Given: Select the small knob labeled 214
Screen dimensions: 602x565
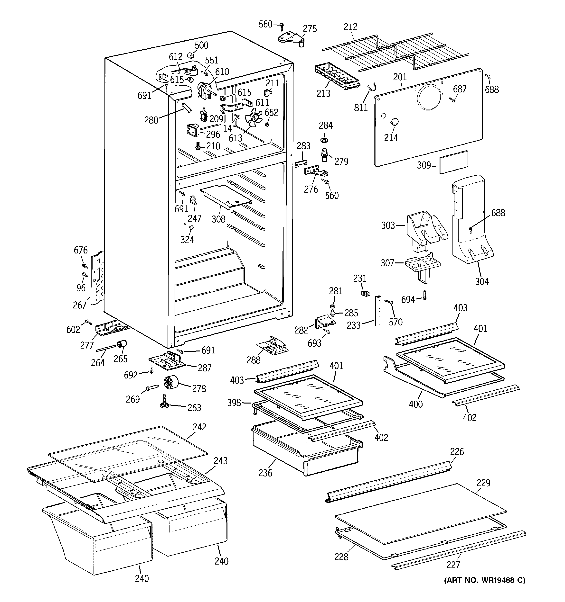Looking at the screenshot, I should (x=394, y=121).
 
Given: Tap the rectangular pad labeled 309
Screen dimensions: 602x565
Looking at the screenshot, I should (x=454, y=162).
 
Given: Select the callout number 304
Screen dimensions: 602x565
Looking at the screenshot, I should (x=482, y=282).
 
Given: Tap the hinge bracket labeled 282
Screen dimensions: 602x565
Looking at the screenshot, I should (x=324, y=322).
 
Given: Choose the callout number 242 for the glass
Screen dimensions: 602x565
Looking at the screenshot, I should (x=199, y=427).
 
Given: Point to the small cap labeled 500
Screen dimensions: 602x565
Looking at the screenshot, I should (x=190, y=55).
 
